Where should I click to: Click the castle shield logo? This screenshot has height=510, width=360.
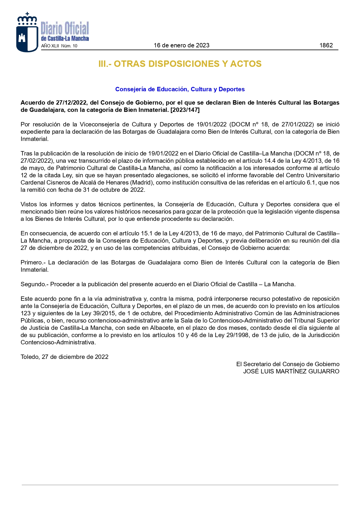pos(27,33)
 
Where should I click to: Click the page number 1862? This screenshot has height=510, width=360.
pos(326,45)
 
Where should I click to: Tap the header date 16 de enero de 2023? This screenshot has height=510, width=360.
pos(181,45)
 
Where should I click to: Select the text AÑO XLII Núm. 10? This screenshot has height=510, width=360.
pos(59,46)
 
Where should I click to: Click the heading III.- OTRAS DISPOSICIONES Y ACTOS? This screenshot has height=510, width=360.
pos(180,64)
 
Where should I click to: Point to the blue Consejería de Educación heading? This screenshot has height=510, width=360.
pos(180,89)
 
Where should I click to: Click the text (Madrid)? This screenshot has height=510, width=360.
pos(142,182)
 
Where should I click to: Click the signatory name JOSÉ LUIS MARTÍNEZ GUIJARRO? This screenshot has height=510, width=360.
pos(291,371)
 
